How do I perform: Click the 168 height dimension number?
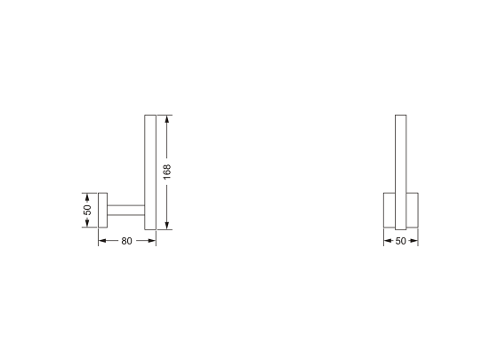[x=167, y=171]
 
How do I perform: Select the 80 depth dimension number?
[x=126, y=241]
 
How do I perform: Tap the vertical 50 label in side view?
[x=87, y=210]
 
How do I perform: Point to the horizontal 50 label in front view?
[x=400, y=241]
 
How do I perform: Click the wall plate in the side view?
[x=102, y=210]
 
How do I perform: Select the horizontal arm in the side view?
[x=125, y=210]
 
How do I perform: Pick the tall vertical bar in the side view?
[x=150, y=171]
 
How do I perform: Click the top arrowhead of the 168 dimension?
[x=167, y=117]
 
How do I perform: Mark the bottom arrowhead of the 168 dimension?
[x=167, y=226]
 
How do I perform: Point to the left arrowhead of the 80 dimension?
[x=101, y=241]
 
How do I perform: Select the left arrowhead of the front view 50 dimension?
[x=387, y=241]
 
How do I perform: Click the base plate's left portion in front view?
[x=389, y=211]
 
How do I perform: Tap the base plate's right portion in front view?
[x=412, y=211]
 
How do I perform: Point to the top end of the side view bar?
[x=150, y=116]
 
